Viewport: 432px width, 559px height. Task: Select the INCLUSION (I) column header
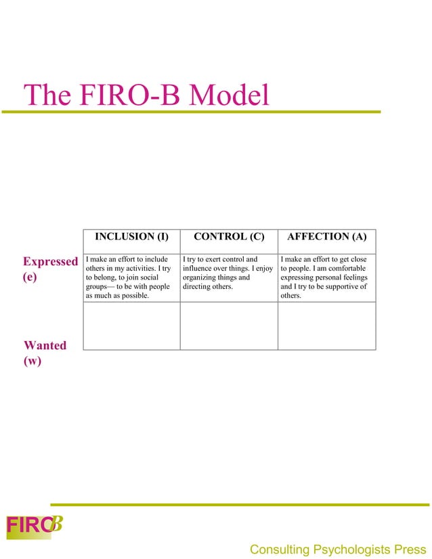(131, 237)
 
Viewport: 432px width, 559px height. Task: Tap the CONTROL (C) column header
(229, 237)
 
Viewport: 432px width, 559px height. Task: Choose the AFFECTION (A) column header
(327, 237)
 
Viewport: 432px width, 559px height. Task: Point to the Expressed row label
(50, 262)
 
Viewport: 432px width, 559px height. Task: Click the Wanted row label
(45, 345)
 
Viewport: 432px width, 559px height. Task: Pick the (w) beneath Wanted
(33, 361)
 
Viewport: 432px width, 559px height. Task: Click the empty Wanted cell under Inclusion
(131, 326)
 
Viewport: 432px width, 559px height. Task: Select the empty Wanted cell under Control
(229, 326)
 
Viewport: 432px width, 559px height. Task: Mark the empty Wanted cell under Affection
(327, 326)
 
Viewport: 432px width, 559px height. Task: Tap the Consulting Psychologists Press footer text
(339, 549)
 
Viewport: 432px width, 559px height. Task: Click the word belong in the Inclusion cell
(107, 277)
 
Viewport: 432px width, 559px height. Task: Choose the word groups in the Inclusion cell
(98, 286)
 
